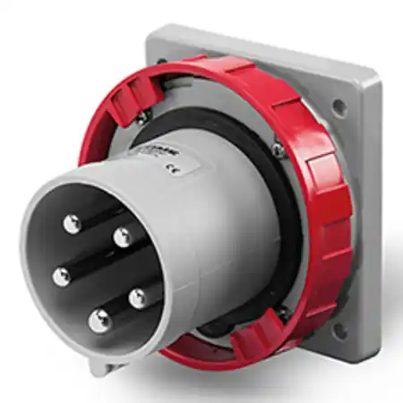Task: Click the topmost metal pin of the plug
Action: click(73, 223)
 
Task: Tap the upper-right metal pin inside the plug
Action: click(123, 236)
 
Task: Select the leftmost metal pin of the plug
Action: click(61, 277)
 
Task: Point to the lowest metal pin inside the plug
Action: click(98, 316)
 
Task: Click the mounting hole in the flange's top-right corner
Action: click(339, 107)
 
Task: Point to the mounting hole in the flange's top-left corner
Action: click(161, 61)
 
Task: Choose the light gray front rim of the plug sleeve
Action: click(36, 296)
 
